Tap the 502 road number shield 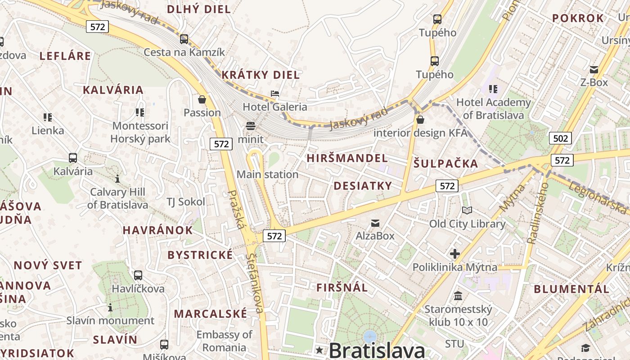click(x=560, y=138)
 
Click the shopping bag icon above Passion click(x=202, y=99)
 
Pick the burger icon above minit click(x=251, y=126)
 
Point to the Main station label click(x=267, y=175)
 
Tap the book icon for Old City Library click(x=467, y=210)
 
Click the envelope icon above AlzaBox click(x=375, y=223)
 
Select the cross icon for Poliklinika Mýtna click(x=455, y=254)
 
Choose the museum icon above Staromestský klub click(x=458, y=296)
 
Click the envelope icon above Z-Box click(x=594, y=69)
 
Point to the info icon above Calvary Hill click(x=117, y=179)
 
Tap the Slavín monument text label click(x=110, y=321)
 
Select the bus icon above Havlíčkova click(x=138, y=275)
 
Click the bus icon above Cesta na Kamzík click(x=184, y=39)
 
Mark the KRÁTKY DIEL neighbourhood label click(x=261, y=75)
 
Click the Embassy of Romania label click(x=224, y=341)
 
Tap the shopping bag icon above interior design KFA click(x=420, y=120)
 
